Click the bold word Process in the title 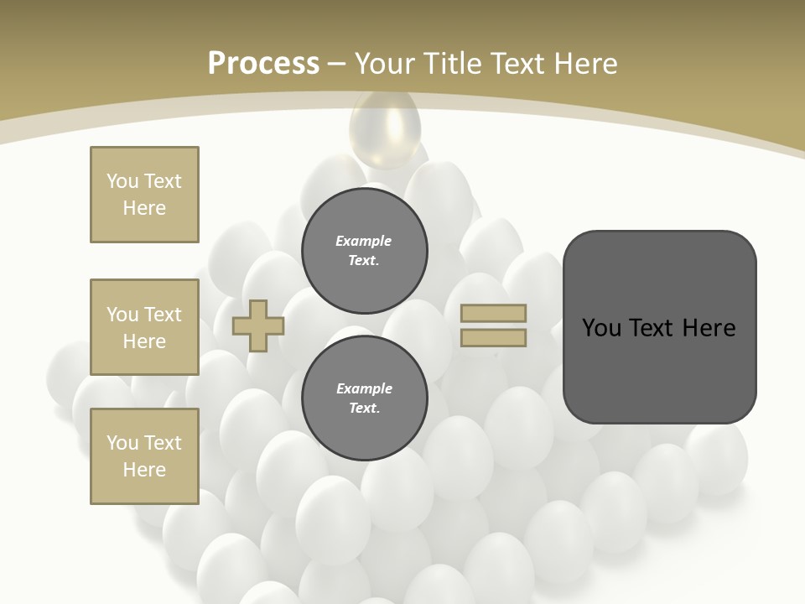tap(263, 64)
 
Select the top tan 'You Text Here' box tap(144, 195)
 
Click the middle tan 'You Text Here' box tap(144, 327)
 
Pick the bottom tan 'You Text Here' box tap(144, 456)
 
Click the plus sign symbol tap(258, 326)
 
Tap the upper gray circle tap(365, 251)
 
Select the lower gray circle tap(365, 398)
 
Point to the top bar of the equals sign tap(494, 313)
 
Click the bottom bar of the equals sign tap(494, 338)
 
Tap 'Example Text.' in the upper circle tap(364, 251)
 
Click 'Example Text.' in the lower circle tap(364, 398)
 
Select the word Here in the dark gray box tap(709, 328)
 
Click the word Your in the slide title tap(383, 64)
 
